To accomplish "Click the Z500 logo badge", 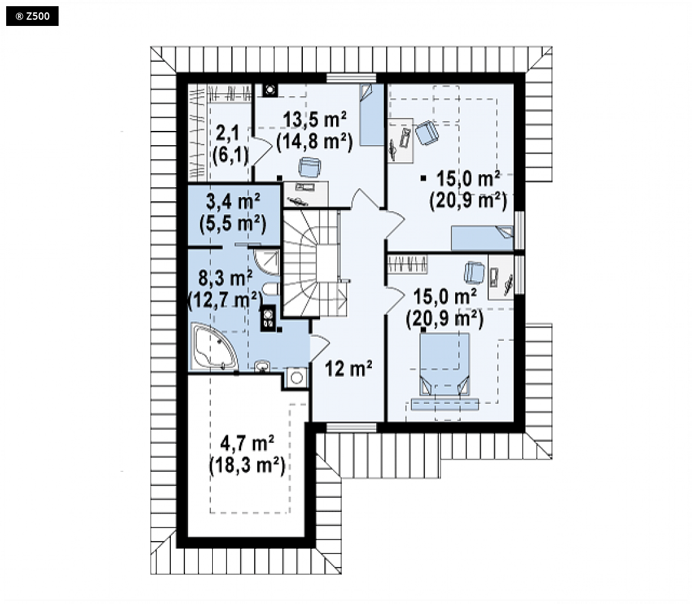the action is click(x=32, y=16).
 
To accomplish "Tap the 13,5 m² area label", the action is click(x=315, y=120).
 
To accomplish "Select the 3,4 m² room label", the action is click(x=233, y=202).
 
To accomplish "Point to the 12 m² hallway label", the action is click(x=348, y=369).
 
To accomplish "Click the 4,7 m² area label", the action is click(x=247, y=443).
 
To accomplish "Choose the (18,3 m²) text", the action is click(x=247, y=465).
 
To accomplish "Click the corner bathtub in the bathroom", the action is click(x=213, y=346).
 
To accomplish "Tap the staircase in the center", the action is click(x=313, y=263).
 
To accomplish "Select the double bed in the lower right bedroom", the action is click(x=445, y=364).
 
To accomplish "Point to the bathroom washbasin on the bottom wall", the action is click(x=262, y=366).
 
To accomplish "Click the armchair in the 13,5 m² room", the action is click(x=310, y=167).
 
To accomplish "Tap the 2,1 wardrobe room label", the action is click(x=228, y=133).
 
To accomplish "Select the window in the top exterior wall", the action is click(x=352, y=78).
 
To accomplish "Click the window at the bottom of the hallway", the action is click(x=352, y=427).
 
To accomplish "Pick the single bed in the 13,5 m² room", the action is click(x=372, y=114).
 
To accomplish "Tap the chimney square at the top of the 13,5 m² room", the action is click(x=270, y=90).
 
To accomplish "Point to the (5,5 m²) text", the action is click(x=233, y=224).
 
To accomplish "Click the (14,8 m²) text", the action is click(x=315, y=141).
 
